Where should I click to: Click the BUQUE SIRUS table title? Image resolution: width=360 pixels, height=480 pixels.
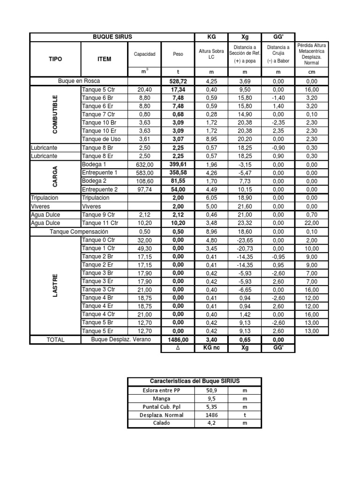(112, 37)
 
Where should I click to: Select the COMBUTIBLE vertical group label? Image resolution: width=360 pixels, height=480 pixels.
(55, 113)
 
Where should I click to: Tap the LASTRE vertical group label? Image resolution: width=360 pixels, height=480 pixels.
(55, 285)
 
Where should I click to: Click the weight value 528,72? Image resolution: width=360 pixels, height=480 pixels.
(178, 81)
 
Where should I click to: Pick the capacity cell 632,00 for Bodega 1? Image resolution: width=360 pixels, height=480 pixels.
(145, 165)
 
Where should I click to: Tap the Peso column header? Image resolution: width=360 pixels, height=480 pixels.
(178, 54)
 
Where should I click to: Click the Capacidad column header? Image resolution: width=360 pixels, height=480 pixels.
(145, 54)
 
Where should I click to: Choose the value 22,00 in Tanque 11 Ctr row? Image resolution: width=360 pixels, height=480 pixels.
(312, 223)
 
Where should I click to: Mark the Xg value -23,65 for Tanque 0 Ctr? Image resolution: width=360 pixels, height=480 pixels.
(245, 240)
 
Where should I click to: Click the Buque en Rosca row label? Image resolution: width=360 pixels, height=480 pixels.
(79, 81)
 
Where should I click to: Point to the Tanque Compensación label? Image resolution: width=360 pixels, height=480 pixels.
(79, 232)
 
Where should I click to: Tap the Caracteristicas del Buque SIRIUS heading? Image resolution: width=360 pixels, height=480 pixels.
(194, 382)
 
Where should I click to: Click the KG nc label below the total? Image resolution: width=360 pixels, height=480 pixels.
(211, 348)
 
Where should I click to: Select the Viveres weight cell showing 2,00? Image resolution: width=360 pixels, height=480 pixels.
(178, 206)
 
